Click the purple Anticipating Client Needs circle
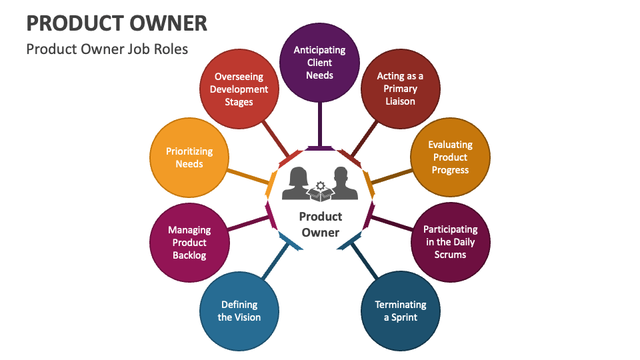click(x=320, y=62)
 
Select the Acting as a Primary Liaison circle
click(x=400, y=89)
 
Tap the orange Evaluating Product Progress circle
click(x=450, y=157)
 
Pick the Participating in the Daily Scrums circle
click(x=450, y=241)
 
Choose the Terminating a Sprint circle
click(x=400, y=311)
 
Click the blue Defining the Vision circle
click(x=239, y=311)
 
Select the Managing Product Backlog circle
click(x=189, y=242)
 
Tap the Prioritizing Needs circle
click(x=189, y=157)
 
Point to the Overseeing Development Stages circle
click(x=239, y=89)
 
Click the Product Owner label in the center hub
click(x=320, y=225)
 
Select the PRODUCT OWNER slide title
click(x=117, y=23)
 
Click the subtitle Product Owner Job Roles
click(x=107, y=49)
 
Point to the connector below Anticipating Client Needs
click(x=320, y=123)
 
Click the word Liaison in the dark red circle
click(x=400, y=101)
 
